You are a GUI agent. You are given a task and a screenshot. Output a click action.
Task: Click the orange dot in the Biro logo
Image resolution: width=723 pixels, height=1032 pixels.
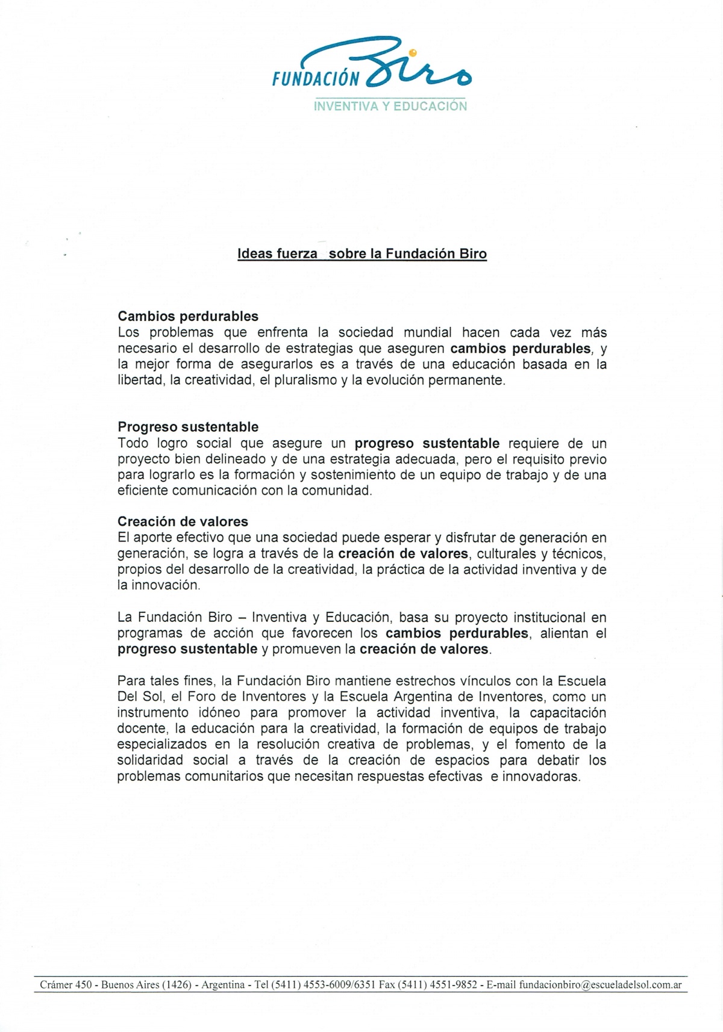coord(413,53)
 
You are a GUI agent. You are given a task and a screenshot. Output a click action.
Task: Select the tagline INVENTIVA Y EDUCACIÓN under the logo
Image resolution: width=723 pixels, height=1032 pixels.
coord(390,107)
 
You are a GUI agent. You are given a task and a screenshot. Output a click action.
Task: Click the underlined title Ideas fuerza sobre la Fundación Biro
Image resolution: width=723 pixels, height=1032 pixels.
coord(362,254)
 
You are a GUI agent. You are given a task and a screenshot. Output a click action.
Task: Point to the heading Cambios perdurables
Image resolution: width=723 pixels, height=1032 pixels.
coord(188,316)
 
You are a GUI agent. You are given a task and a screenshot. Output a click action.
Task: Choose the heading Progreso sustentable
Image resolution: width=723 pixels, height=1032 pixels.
coord(188,427)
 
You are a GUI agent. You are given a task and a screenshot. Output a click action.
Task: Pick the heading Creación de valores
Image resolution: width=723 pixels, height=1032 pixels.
coord(183,521)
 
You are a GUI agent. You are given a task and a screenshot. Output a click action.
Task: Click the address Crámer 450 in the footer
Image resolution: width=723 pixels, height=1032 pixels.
coord(66,985)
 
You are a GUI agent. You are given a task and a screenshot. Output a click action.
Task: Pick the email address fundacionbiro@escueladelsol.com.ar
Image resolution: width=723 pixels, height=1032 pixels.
coord(600,985)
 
